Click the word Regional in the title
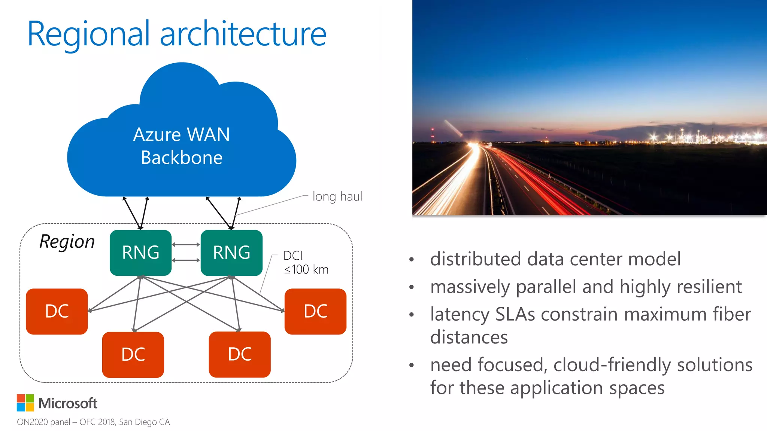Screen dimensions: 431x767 point(88,34)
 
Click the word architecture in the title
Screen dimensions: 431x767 point(243,34)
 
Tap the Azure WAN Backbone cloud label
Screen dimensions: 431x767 point(182,146)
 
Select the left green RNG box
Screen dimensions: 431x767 point(140,253)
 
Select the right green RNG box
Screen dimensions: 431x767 point(231,253)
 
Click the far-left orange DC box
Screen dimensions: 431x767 point(57,311)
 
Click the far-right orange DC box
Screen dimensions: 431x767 point(315,311)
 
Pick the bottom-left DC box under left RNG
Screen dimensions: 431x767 point(133,354)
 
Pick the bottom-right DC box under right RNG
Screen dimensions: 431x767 point(240,354)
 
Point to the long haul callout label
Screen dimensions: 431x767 point(337,196)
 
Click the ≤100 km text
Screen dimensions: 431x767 point(306,269)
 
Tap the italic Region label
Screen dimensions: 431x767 point(67,241)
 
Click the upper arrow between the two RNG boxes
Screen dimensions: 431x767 point(186,245)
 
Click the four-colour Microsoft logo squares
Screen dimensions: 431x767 point(25,403)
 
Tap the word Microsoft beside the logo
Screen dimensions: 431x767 point(68,403)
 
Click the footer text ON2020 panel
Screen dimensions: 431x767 point(43,422)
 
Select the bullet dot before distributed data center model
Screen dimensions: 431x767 point(412,259)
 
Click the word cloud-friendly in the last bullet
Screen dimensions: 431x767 point(612,365)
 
